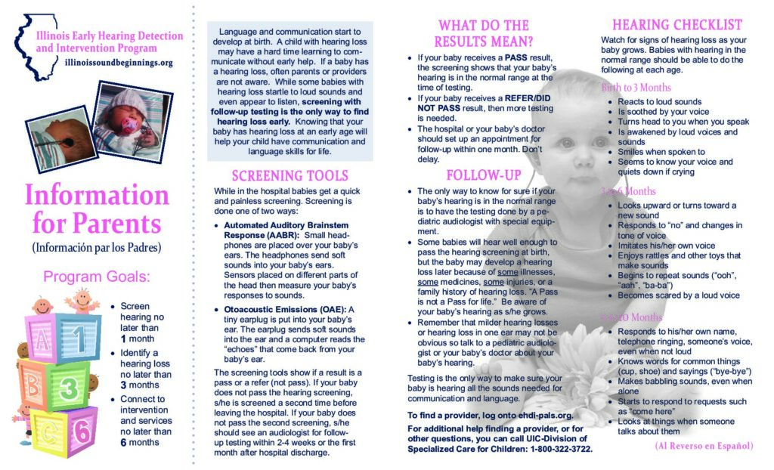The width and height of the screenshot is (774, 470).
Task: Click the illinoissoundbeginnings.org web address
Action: point(119,63)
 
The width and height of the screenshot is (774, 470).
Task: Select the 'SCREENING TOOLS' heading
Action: point(290,176)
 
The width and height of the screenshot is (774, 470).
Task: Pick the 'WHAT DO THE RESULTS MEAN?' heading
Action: point(484,33)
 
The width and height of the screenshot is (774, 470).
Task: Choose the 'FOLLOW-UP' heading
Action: point(484,175)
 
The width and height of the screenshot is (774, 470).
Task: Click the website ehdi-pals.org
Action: point(538,416)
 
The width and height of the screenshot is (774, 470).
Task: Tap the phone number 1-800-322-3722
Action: point(555,449)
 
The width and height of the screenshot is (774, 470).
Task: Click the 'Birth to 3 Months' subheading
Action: point(636,88)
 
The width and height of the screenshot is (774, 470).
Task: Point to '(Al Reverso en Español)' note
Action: point(704,446)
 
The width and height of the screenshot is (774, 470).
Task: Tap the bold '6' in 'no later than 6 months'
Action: point(124,442)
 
